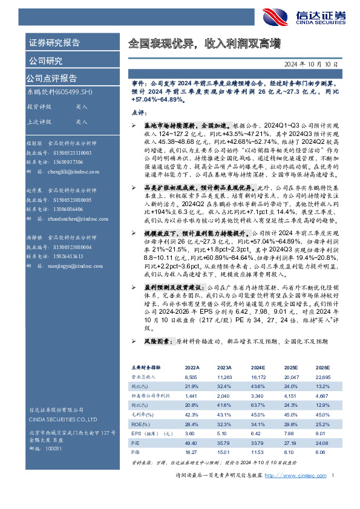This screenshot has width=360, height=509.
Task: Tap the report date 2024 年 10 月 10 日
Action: coord(310,63)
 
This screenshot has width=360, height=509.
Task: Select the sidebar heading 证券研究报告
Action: coord(54,43)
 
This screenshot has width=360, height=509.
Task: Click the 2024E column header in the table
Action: coord(258,368)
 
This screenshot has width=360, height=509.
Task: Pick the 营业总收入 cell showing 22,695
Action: coord(323,376)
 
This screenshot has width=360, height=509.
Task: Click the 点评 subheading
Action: coord(139,112)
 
